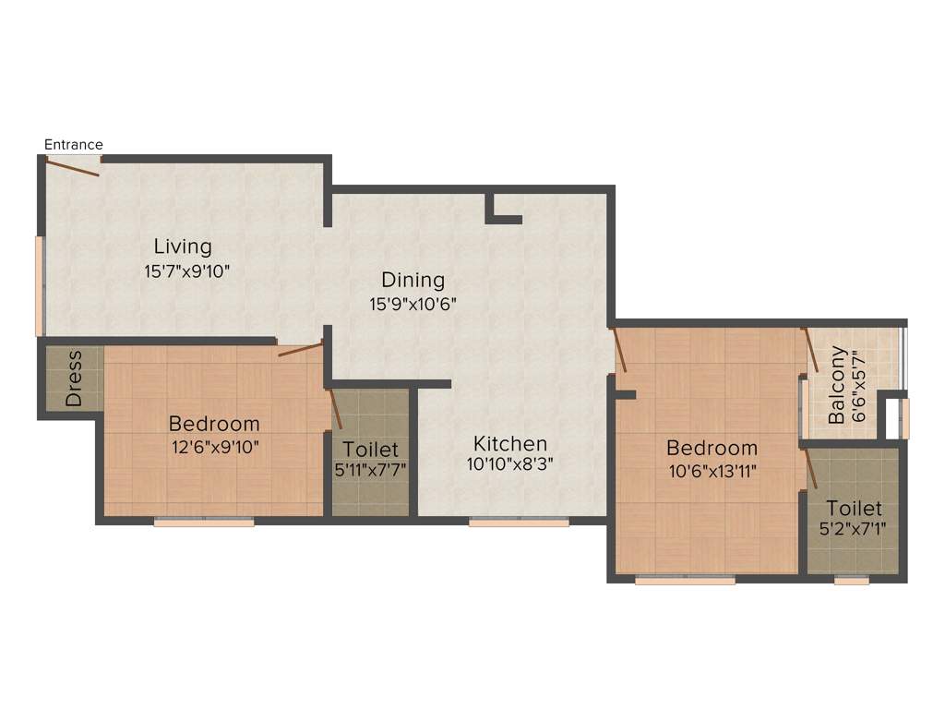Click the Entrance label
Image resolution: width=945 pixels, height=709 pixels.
tap(74, 145)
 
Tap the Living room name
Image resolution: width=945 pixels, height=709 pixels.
tap(183, 246)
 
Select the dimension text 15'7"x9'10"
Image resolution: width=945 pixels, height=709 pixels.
tap(186, 271)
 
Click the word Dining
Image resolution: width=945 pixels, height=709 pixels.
tap(413, 280)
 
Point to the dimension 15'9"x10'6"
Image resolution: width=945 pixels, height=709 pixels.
tap(413, 303)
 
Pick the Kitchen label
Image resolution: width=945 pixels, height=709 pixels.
tap(510, 444)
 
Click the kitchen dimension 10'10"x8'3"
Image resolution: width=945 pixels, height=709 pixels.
tap(510, 465)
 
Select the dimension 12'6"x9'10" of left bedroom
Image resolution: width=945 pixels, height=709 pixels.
tap(214, 448)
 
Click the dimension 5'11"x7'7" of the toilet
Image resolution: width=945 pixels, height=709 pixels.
tap(370, 469)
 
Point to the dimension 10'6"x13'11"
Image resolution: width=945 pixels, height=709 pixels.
tap(712, 471)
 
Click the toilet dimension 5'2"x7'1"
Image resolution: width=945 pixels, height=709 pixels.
tap(854, 530)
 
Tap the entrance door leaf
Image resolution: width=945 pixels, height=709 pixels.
tap(72, 167)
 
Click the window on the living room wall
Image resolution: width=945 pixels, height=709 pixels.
tap(40, 286)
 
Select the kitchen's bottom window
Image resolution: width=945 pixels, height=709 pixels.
tap(519, 523)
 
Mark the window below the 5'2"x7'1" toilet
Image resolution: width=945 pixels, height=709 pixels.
tap(852, 581)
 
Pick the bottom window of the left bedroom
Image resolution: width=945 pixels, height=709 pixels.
tap(204, 523)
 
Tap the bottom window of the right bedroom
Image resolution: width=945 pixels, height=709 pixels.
tap(686, 581)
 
